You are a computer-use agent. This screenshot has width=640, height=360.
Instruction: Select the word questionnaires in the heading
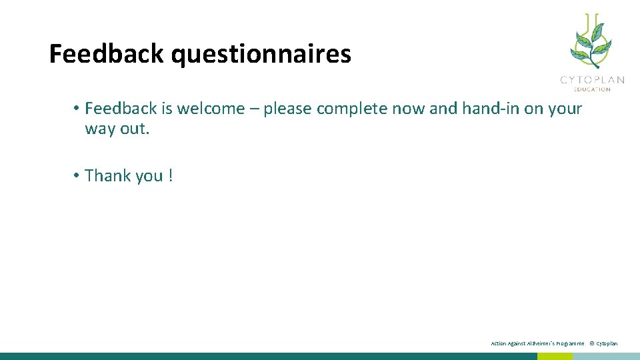point(261,55)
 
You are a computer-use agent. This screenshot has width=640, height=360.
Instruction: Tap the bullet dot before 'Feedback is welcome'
point(77,108)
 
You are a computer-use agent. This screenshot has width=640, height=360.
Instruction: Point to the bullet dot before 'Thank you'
point(77,175)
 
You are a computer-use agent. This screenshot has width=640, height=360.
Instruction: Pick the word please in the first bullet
point(287,109)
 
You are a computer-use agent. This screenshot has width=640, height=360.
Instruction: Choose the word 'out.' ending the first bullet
point(135,129)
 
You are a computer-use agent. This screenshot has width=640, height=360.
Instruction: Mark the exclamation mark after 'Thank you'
point(171,175)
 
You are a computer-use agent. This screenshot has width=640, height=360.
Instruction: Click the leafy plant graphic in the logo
point(589,41)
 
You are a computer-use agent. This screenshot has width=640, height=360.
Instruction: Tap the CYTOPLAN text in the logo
point(592,80)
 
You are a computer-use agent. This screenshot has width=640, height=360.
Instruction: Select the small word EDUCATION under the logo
point(592,89)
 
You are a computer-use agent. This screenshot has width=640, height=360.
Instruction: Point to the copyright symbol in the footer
point(591,343)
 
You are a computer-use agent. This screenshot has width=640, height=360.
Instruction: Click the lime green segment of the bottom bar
point(555,356)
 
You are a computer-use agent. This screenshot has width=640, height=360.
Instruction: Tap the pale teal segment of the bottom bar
point(606,356)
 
